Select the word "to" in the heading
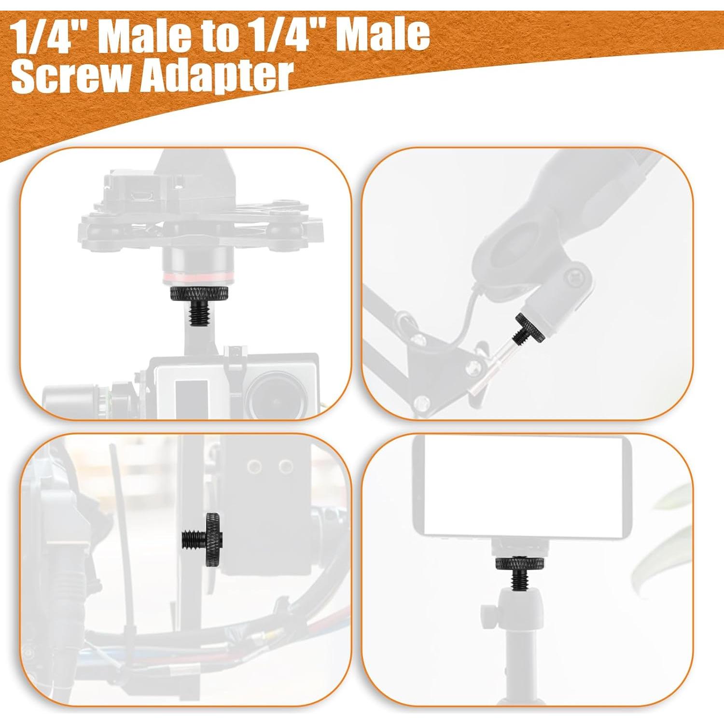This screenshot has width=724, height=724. click(x=217, y=35)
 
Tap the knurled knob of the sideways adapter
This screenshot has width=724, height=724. click(x=213, y=541)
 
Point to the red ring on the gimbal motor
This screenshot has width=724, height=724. click(x=199, y=277)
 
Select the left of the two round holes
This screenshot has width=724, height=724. click(x=254, y=466)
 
